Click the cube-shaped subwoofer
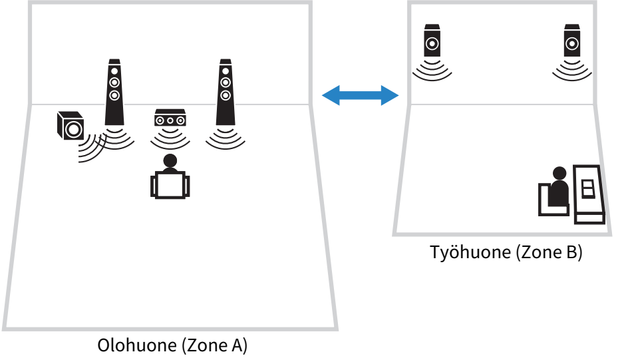click(70, 125)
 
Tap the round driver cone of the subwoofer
click(74, 129)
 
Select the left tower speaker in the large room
click(114, 93)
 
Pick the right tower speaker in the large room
click(226, 93)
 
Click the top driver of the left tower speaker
click(114, 71)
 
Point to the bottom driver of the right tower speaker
click(226, 95)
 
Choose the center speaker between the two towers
click(170, 118)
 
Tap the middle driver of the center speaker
click(170, 121)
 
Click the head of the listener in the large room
click(170, 161)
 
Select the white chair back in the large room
click(170, 185)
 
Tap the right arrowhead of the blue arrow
click(390, 95)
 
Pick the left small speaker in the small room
click(432, 41)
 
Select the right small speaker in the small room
click(572, 41)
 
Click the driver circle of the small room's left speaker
click(432, 44)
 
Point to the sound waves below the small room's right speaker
click(572, 72)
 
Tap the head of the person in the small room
click(559, 174)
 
